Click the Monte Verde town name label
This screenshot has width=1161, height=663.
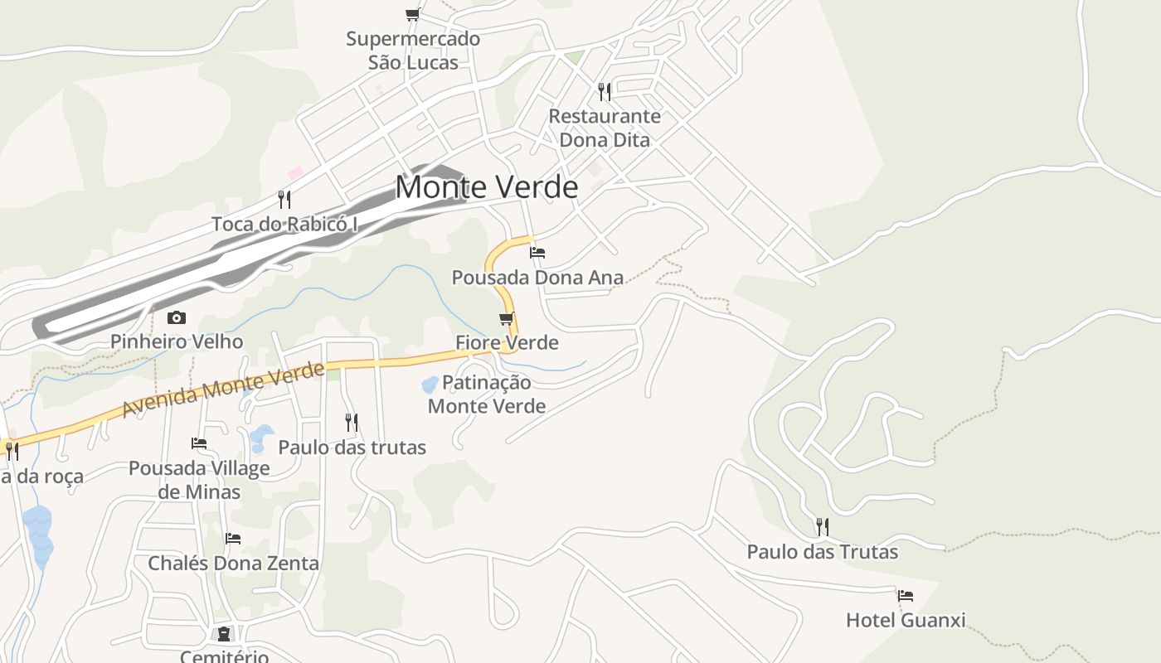pyautogui.click(x=486, y=187)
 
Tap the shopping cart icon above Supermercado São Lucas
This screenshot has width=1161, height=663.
pyautogui.click(x=412, y=14)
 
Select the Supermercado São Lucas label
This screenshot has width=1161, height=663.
pyautogui.click(x=413, y=51)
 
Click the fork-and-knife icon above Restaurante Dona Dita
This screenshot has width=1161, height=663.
pyautogui.click(x=605, y=91)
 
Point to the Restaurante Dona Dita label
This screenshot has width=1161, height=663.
pyautogui.click(x=605, y=128)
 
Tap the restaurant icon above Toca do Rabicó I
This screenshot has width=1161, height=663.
pyautogui.click(x=284, y=199)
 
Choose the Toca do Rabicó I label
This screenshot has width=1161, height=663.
pyautogui.click(x=284, y=224)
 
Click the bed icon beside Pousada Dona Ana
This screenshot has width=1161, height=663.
pyautogui.click(x=537, y=252)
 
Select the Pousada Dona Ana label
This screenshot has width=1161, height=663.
pyautogui.click(x=537, y=278)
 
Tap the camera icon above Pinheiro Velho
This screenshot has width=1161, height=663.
pyautogui.click(x=177, y=317)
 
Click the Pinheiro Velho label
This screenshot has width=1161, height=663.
pyautogui.click(x=177, y=341)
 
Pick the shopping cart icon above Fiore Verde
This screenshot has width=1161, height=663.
pyautogui.click(x=507, y=318)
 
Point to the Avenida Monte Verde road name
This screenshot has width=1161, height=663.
pyautogui.click(x=222, y=389)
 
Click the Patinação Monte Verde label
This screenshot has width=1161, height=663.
pyautogui.click(x=487, y=394)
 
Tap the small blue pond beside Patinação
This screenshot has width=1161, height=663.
pyautogui.click(x=430, y=385)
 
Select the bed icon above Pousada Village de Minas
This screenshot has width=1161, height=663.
pyautogui.click(x=199, y=443)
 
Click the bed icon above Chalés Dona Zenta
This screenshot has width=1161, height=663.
pyautogui.click(x=233, y=539)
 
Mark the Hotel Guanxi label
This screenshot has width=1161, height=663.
pyautogui.click(x=906, y=620)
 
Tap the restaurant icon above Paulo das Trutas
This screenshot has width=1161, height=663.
pyautogui.click(x=822, y=526)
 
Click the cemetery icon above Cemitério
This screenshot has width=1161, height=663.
pyautogui.click(x=224, y=634)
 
